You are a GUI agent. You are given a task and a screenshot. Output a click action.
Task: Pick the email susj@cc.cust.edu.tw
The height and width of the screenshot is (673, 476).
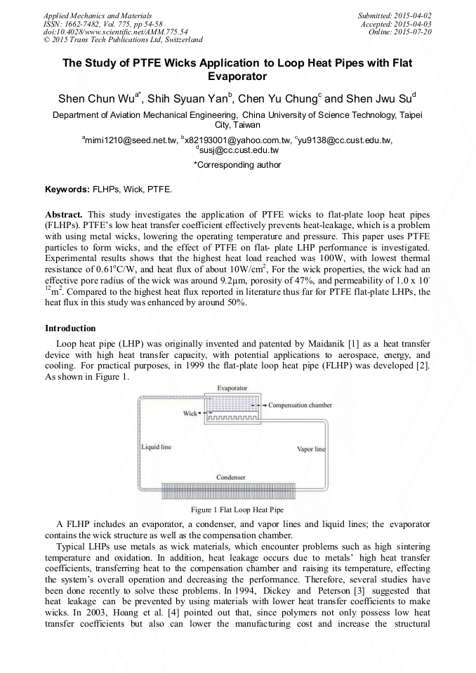point(238,150)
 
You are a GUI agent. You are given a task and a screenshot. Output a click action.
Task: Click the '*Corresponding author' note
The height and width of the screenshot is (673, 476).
point(237,165)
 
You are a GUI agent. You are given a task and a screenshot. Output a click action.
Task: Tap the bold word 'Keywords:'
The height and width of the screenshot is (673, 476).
point(67,189)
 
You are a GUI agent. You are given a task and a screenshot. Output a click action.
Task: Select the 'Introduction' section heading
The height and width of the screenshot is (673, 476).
point(70,328)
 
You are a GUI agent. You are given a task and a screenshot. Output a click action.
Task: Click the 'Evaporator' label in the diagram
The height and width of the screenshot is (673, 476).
point(231,387)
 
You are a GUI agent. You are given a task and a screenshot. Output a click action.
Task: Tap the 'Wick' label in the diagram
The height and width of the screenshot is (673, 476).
point(190,413)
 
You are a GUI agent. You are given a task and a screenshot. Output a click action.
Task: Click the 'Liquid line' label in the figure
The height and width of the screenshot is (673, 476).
point(152,446)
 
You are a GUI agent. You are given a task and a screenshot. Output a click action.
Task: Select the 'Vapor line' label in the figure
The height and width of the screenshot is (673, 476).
point(310,448)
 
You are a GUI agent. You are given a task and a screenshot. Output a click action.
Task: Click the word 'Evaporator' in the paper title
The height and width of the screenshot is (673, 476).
point(237,76)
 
